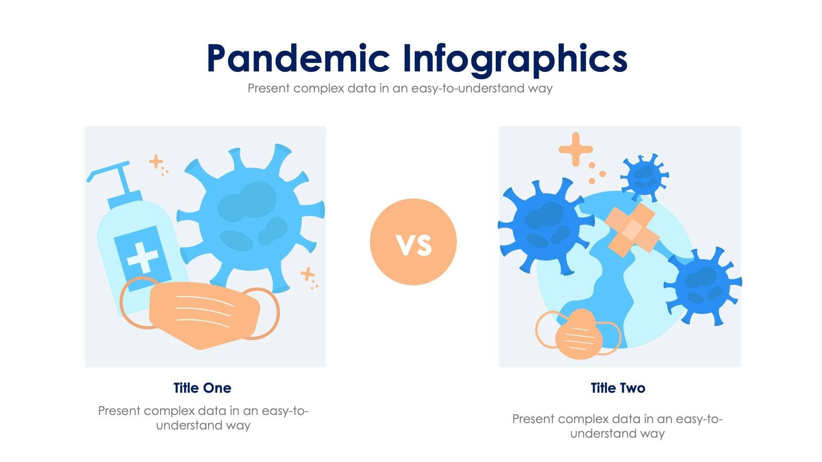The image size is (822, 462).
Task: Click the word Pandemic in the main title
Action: coord(298,59)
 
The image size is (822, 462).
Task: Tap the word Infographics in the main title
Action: coord(515,60)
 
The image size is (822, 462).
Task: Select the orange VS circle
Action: coord(413,242)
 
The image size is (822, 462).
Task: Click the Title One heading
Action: coord(202,388)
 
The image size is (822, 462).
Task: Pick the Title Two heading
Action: coord(618,388)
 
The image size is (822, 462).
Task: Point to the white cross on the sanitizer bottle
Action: coord(142,256)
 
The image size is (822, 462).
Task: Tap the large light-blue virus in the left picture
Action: coord(251,218)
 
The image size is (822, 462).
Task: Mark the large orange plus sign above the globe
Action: coord(576,149)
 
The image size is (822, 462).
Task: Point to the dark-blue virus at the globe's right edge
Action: coord(702,285)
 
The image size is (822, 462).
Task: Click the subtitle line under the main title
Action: coord(400,89)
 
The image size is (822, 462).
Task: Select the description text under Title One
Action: coord(203,418)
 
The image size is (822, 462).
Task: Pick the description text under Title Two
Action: coord(617,426)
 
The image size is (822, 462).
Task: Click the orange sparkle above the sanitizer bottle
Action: coord(156,162)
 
